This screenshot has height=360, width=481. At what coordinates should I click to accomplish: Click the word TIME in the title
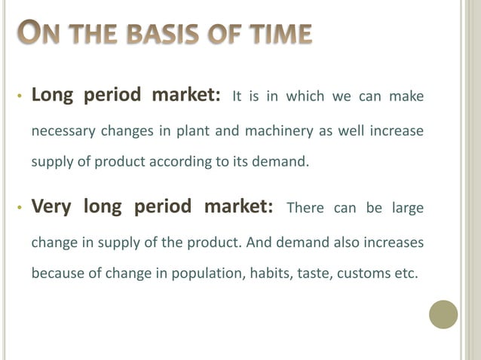[279, 35]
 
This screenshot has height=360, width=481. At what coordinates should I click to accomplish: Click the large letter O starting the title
[26, 33]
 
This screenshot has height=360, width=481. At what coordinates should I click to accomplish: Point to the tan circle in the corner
[443, 314]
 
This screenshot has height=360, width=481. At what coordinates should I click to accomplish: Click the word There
[305, 209]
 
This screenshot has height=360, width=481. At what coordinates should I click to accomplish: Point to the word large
[406, 209]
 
